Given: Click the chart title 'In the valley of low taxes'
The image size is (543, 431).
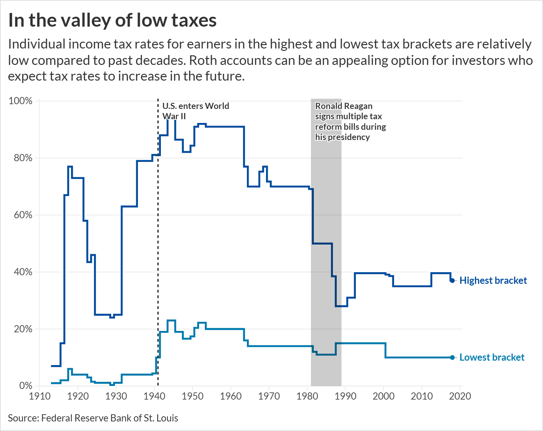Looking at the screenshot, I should tap(112, 20).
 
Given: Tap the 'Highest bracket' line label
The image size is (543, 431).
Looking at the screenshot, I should tap(493, 280).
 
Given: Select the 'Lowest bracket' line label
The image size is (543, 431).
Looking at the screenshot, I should tap(492, 357).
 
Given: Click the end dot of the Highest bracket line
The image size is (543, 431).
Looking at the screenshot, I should tap(452, 280).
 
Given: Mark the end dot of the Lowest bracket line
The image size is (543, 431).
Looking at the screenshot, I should tap(452, 358).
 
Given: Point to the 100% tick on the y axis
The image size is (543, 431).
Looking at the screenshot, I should tap(20, 101).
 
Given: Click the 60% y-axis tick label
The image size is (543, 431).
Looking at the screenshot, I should tap(23, 215).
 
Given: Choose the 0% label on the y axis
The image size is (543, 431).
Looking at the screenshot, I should tap(26, 386).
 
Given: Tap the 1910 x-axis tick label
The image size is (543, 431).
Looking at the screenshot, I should tap(40, 396).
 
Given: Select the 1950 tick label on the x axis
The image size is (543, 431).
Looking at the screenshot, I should tap(193, 396).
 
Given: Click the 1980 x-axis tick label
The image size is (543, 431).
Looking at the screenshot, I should tap(307, 396).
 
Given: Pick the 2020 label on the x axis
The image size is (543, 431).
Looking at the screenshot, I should tap(460, 396).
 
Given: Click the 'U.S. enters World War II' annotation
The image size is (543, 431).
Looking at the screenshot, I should tap(195, 111).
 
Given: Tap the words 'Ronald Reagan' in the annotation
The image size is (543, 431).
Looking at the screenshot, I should tap(344, 106).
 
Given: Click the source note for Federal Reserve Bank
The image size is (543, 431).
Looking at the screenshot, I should tap(93, 418).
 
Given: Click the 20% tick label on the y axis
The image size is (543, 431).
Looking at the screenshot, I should tap(23, 329).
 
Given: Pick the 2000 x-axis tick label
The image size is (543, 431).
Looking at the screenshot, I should tap(384, 396).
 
